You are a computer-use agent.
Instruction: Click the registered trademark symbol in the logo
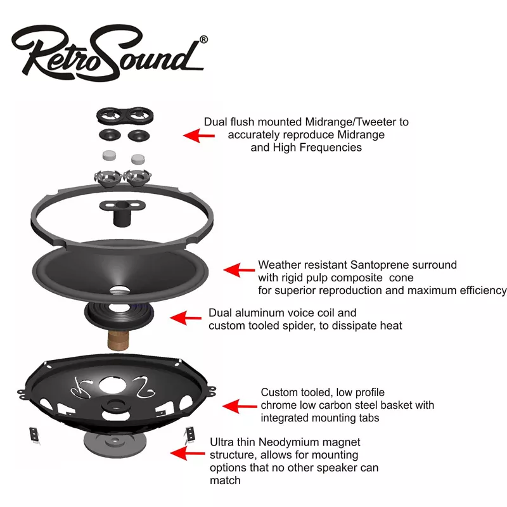tap(203, 39)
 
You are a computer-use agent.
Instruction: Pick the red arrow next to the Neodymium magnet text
tap(188, 453)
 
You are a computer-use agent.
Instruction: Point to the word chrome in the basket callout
tap(277, 406)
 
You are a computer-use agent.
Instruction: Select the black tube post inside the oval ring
tap(120, 214)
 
